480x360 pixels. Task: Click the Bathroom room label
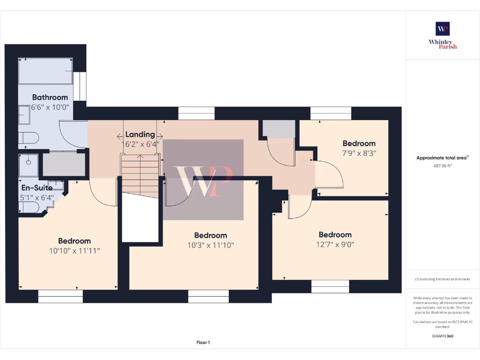[50, 97]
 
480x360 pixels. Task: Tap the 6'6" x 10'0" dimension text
[50, 106]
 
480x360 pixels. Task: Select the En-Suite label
[37, 187]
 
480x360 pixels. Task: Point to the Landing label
[140, 135]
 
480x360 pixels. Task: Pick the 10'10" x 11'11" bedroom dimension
[75, 251]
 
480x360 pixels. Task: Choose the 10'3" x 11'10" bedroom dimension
[210, 245]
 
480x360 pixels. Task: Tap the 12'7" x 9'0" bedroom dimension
[335, 244]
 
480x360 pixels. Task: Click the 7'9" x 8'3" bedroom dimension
[359, 153]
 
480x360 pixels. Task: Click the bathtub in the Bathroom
[45, 71]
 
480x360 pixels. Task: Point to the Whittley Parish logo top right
[442, 35]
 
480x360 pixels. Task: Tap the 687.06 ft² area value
[442, 165]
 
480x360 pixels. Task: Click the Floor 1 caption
[203, 343]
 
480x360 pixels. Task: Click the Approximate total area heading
[442, 158]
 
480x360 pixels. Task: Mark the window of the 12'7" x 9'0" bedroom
[330, 286]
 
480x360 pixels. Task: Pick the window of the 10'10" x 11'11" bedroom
[60, 296]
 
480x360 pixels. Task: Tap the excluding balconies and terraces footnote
[442, 279]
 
